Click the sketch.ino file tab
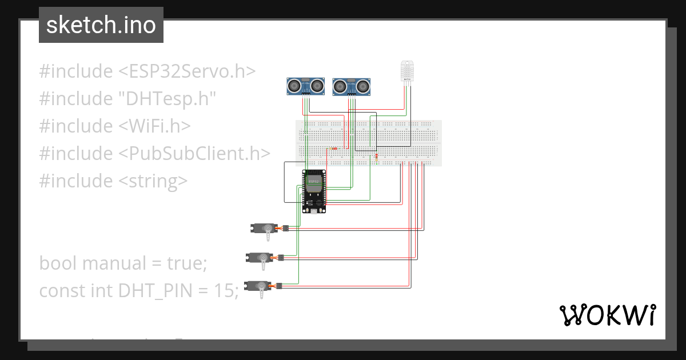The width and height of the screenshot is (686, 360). click(x=101, y=25)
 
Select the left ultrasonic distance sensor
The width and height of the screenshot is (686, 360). click(x=305, y=86)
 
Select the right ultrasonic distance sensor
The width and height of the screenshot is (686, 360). click(x=352, y=86)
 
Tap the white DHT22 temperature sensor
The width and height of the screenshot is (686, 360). click(x=407, y=72)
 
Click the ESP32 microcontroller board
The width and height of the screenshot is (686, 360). click(x=314, y=191)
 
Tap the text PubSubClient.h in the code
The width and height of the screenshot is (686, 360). click(x=194, y=154)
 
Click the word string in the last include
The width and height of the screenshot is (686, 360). click(x=153, y=181)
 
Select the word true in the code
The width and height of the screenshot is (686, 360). click(x=185, y=263)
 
